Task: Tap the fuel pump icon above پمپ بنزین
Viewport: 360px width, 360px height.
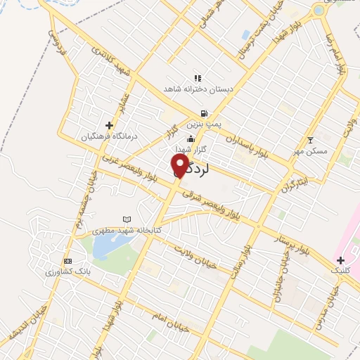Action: tap(204, 113)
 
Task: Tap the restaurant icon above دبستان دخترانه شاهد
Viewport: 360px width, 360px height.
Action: tap(198, 78)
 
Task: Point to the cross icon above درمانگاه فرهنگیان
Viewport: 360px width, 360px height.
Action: tap(109, 125)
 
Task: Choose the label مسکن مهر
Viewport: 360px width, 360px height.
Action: tap(310, 150)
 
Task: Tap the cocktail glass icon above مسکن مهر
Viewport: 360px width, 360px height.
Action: tap(311, 140)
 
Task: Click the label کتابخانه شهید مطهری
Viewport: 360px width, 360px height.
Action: tap(127, 231)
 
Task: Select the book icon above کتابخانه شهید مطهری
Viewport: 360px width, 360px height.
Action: tap(127, 220)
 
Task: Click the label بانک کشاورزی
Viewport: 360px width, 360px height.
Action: tap(69, 271)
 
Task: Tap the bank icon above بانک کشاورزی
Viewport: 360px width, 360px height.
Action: tap(67, 261)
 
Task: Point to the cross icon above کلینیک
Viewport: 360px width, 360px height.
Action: tap(340, 260)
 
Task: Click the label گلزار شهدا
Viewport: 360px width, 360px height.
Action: tap(191, 150)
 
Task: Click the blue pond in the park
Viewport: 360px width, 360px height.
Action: tap(105, 245)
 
